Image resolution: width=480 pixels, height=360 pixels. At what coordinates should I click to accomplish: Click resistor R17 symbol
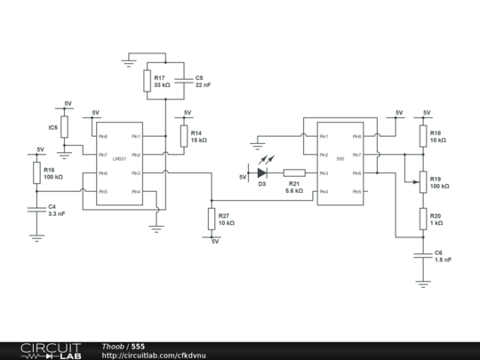click(147, 81)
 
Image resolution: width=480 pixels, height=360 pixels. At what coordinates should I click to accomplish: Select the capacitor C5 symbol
click(184, 81)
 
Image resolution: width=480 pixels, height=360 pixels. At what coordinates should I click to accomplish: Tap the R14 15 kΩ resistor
click(184, 136)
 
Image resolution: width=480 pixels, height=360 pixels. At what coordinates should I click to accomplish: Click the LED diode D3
click(262, 172)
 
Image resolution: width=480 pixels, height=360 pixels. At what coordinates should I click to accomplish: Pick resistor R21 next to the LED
click(294, 172)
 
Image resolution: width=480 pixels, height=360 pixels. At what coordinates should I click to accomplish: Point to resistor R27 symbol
click(212, 219)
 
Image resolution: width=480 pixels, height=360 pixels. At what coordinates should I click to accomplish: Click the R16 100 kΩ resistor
click(36, 172)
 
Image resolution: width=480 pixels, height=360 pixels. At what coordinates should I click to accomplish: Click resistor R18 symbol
click(422, 136)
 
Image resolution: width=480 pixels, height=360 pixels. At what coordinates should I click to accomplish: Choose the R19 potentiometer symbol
click(422, 182)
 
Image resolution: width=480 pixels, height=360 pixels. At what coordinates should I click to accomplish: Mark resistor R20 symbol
click(422, 219)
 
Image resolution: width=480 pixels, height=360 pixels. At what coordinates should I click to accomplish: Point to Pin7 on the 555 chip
click(356, 155)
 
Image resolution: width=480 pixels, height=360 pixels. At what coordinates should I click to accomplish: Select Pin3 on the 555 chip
click(324, 173)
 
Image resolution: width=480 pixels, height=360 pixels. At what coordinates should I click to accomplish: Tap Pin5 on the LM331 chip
click(103, 191)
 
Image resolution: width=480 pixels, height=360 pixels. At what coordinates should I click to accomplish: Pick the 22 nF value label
click(204, 85)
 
